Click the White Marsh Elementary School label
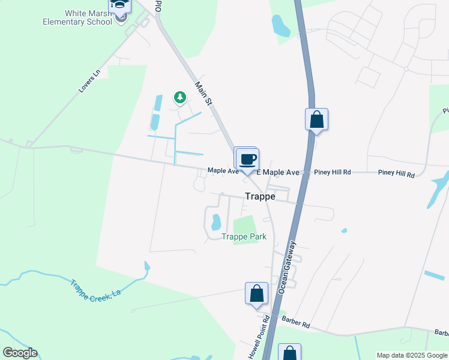(x=77, y=17)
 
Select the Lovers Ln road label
(x=88, y=83)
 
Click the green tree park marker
(x=179, y=97)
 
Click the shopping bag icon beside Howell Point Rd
(x=256, y=293)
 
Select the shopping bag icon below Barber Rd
(x=289, y=353)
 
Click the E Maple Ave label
(x=278, y=173)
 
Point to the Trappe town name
(x=260, y=196)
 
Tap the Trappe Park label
(x=244, y=237)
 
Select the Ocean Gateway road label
(x=287, y=267)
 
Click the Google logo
(x=20, y=353)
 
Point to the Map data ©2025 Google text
(x=412, y=355)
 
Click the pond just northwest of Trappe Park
(x=215, y=223)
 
